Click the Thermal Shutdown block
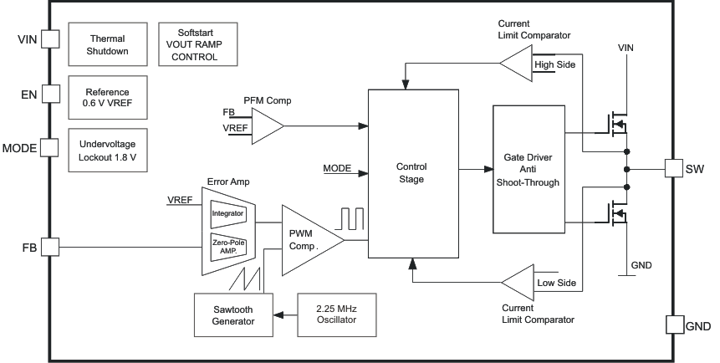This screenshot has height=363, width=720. click(109, 44)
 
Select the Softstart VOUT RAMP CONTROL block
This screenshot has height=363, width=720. click(193, 44)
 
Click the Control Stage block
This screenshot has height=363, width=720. click(411, 172)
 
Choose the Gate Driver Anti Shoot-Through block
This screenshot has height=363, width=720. click(529, 170)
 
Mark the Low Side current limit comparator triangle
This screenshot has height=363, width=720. click(521, 282)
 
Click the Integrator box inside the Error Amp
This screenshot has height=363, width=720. click(227, 213)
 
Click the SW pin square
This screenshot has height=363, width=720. click(675, 168)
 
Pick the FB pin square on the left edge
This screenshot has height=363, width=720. click(49, 247)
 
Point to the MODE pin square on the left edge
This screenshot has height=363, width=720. click(49, 148)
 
